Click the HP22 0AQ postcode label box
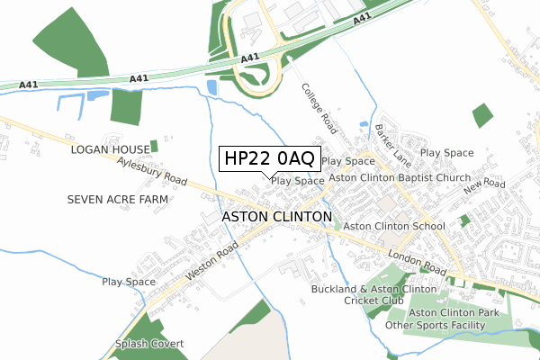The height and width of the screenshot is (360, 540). tap(267, 159)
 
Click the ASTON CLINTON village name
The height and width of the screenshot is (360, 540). tap(276, 218)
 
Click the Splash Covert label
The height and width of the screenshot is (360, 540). tap(149, 345)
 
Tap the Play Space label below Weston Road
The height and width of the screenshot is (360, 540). tap(129, 283)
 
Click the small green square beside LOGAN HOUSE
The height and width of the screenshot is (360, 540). tap(154, 146)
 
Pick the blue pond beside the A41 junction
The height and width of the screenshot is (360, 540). tap(211, 87)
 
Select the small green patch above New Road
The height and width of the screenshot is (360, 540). tap(482, 115)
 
